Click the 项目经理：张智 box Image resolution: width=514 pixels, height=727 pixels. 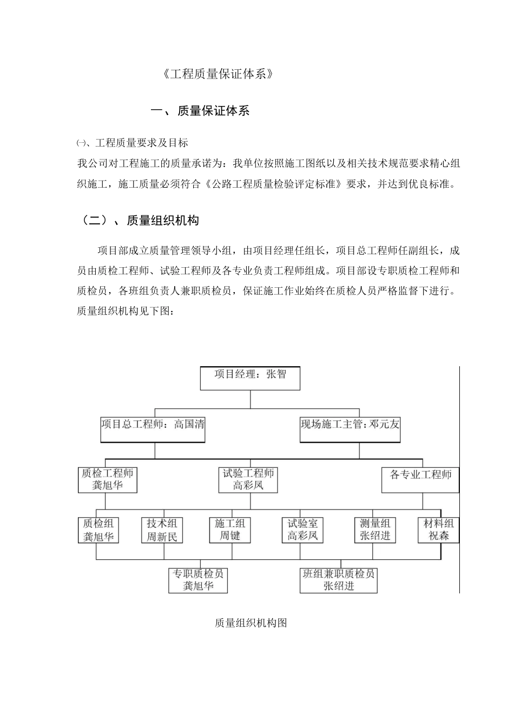pos(250,378)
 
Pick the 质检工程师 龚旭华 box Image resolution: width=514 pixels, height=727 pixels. pos(107,480)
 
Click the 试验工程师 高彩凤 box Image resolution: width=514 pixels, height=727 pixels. pos(248,480)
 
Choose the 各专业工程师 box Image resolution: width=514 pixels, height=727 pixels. pos(420,480)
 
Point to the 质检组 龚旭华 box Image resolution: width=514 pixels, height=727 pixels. pos(98,530)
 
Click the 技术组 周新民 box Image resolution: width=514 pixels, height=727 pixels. pos(162,530)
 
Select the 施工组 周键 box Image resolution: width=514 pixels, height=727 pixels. pos(230,530)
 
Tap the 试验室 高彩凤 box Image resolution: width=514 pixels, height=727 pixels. pos(302,530)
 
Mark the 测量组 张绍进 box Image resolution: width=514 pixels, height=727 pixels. pos(375,530)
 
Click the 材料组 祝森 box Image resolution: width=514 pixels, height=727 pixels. pos(438,530)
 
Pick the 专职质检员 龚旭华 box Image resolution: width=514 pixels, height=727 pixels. pos(198,580)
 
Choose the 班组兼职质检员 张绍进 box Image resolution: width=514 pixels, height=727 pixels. pos(339,580)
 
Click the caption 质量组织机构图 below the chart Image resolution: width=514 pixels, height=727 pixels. pos(251,623)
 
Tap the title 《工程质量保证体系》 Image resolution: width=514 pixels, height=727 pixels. pos(218,75)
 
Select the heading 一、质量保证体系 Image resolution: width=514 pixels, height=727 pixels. pos(200,111)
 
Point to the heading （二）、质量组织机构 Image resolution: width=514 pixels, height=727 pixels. pos(138,220)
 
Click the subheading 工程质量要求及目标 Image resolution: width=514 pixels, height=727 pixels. pos(141,143)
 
